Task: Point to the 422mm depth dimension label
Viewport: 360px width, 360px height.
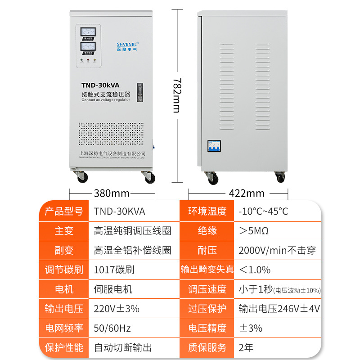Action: [247, 193]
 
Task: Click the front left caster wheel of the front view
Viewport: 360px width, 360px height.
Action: [82, 177]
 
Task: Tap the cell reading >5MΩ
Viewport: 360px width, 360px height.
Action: [254, 231]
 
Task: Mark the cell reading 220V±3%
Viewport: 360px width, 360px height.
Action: [117, 309]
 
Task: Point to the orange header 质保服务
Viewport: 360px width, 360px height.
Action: [207, 348]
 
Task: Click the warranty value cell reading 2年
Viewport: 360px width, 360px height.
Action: [247, 348]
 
